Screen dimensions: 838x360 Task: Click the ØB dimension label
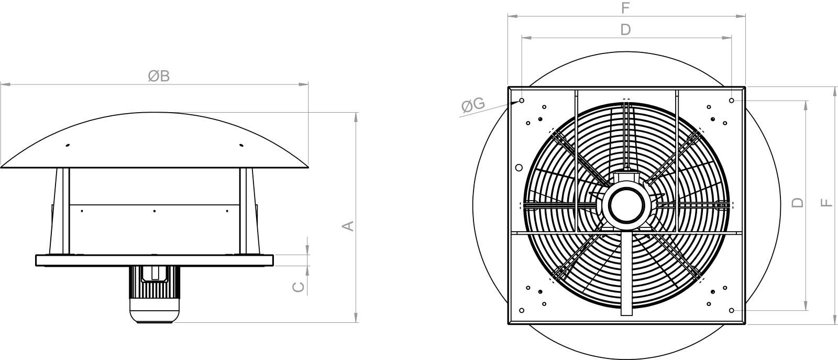pyautogui.click(x=159, y=76)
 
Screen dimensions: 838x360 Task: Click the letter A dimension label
pyautogui.click(x=348, y=226)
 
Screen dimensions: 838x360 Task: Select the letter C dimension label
pyautogui.click(x=298, y=287)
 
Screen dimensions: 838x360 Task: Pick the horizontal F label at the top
pyautogui.click(x=625, y=8)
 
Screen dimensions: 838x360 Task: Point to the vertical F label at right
pyautogui.click(x=826, y=202)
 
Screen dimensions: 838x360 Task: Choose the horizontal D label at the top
pyautogui.click(x=625, y=29)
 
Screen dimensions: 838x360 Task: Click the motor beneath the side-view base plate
pyautogui.click(x=155, y=294)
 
